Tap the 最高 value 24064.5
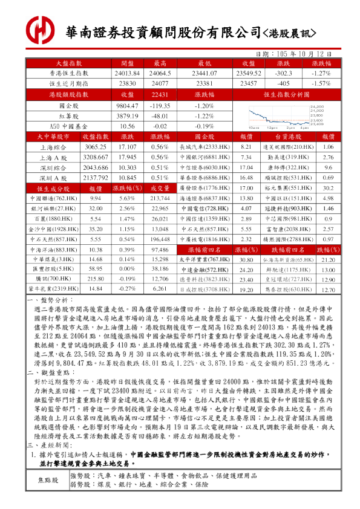[160, 73]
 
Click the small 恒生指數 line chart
[278, 116]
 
